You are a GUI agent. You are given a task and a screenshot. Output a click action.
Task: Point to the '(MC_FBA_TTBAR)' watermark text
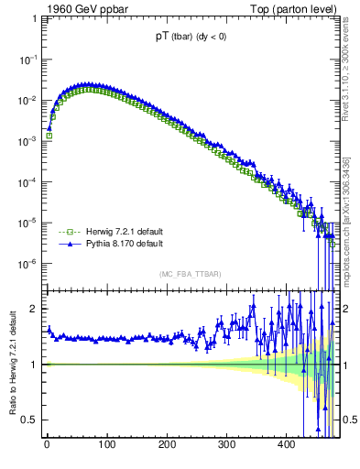(190, 274)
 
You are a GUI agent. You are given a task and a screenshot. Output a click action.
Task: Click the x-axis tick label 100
(106, 446)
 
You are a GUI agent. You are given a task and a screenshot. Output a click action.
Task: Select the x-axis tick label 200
(167, 446)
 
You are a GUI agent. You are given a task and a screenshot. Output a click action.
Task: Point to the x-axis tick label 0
(47, 446)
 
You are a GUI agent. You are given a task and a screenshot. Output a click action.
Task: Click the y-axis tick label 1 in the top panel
(34, 17)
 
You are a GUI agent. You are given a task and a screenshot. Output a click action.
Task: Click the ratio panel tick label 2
(34, 309)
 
